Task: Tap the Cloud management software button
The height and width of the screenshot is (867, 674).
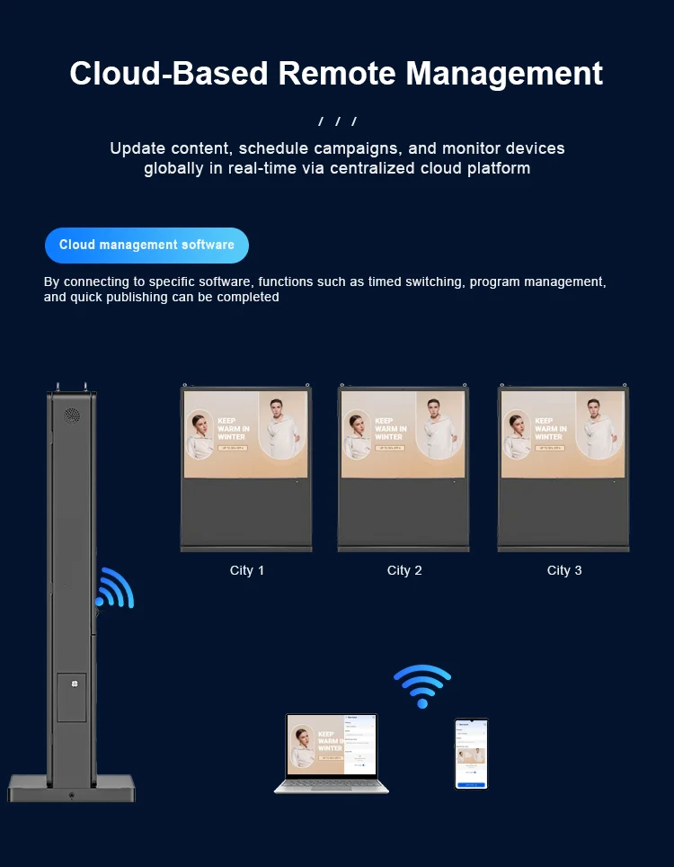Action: (146, 245)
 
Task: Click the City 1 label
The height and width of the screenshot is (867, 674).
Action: (247, 570)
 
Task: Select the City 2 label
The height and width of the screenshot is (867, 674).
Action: (404, 570)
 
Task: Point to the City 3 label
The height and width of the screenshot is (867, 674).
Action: (564, 570)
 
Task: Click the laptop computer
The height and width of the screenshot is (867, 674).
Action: (332, 754)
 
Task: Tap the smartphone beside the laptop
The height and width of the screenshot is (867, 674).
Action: (471, 754)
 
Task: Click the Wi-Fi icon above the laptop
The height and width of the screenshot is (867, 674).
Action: (422, 685)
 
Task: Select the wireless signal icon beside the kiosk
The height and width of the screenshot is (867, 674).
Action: (115, 589)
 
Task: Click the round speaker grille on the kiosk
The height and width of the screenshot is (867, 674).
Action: (72, 416)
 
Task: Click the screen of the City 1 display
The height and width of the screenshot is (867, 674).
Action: (246, 433)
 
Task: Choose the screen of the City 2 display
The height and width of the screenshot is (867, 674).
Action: (404, 433)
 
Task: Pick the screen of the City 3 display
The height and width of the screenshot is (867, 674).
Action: (563, 433)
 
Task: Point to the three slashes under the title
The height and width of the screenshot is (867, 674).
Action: (337, 121)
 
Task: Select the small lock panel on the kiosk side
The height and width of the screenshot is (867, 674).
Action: (72, 697)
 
